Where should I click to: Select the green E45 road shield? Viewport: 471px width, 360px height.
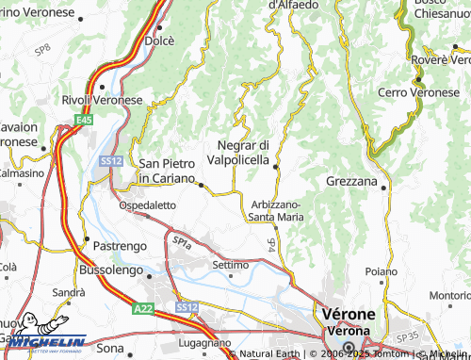[85, 120]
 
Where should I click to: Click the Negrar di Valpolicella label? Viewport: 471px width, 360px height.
[244, 153]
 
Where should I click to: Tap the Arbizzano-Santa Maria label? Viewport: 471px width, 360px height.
[275, 210]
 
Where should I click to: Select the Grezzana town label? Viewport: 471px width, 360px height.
[351, 180]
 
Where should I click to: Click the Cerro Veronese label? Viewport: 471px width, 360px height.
[418, 92]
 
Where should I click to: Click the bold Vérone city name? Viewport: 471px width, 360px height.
[349, 314]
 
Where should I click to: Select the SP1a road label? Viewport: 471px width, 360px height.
[182, 242]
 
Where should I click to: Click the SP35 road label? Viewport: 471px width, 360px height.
[407, 335]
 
